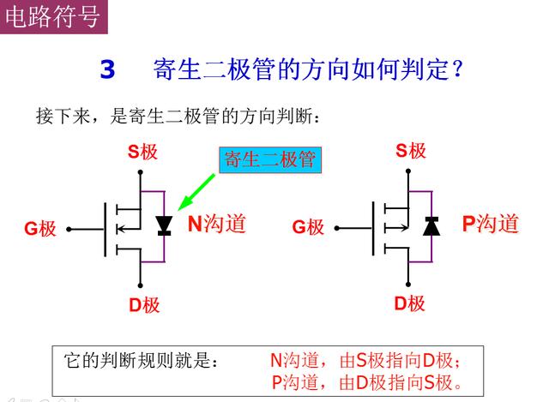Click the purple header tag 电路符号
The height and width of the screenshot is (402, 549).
point(53,17)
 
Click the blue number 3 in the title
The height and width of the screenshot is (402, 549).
point(107,69)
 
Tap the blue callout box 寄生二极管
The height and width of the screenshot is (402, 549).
point(270,160)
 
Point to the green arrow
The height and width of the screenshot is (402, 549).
point(196,192)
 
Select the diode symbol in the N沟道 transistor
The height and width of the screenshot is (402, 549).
point(164,225)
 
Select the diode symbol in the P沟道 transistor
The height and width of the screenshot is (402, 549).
point(431,225)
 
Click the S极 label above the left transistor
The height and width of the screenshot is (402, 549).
point(142,152)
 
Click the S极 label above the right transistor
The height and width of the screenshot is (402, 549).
point(411,151)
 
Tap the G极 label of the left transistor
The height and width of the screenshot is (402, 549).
point(40,229)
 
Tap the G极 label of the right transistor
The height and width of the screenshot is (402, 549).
point(308,227)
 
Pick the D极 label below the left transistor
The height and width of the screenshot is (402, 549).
point(144,305)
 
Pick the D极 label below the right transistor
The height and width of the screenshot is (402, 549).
point(410,303)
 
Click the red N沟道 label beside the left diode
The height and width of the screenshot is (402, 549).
point(217,224)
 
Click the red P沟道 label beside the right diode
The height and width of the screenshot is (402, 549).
point(490,224)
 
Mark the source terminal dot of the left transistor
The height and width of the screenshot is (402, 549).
point(141,172)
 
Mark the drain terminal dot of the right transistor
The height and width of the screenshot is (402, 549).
point(408,285)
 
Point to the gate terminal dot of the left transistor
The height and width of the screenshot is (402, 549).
point(69,229)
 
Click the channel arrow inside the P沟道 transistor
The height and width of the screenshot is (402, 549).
point(396,229)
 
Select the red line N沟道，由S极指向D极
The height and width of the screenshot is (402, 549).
point(365,360)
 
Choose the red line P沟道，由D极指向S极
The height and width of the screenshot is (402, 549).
point(366,382)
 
